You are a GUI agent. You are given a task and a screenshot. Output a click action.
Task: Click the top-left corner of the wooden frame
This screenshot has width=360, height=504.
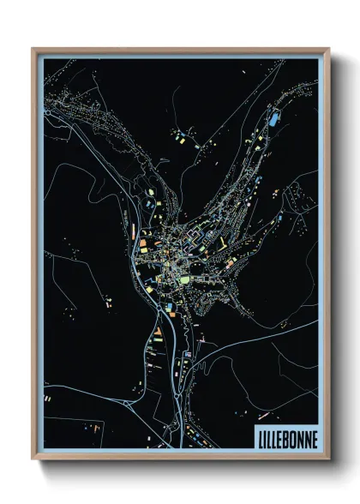tap(32, 48)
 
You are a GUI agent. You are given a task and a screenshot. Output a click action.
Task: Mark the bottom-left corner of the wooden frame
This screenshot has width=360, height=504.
tap(32, 462)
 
